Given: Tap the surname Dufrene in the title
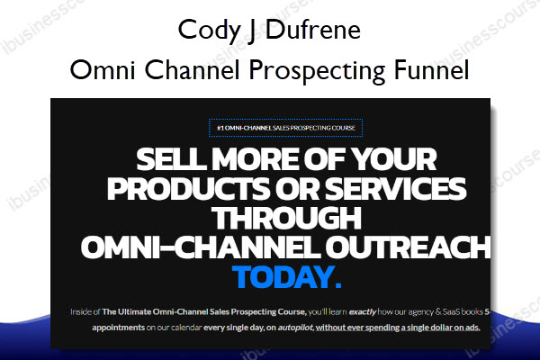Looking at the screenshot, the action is [x=313, y=30].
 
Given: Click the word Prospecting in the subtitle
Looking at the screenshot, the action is [x=317, y=71].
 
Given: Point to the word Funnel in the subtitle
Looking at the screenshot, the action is [x=431, y=69].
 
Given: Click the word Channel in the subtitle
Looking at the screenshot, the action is [x=192, y=69].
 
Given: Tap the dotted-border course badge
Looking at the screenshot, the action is [x=285, y=128].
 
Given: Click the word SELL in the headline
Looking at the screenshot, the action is [x=171, y=159].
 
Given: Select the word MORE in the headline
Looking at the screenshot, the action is [x=256, y=159].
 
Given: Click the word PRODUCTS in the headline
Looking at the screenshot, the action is [x=188, y=189].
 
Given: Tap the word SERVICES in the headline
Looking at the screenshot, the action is [x=395, y=189].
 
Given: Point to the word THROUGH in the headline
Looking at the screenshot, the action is [x=286, y=218].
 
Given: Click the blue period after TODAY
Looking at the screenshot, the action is [x=337, y=284].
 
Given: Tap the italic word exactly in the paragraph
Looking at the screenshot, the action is [x=363, y=312].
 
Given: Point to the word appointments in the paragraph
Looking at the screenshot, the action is [x=119, y=328].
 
